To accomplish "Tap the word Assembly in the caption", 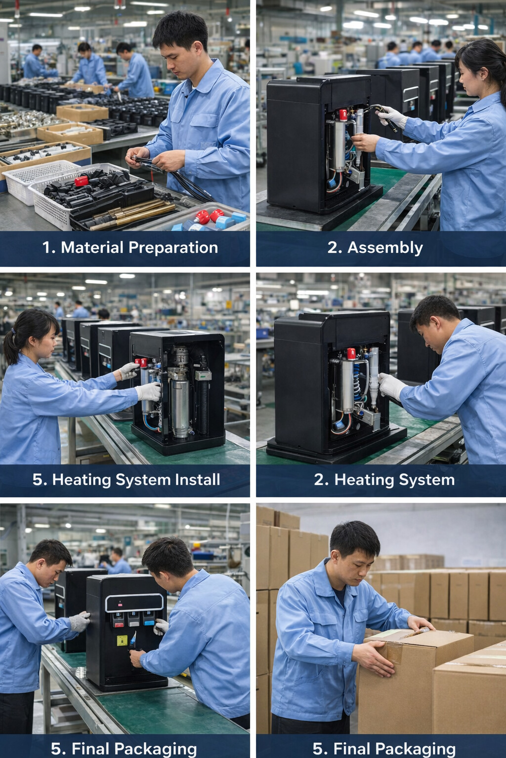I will coord(385,247).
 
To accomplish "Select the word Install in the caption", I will coord(195,479).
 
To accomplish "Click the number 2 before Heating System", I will coord(321,479).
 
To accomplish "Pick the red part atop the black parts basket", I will coord(82,181).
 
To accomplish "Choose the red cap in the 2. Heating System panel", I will coord(351,353).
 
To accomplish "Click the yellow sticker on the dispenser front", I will coord(122,641).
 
